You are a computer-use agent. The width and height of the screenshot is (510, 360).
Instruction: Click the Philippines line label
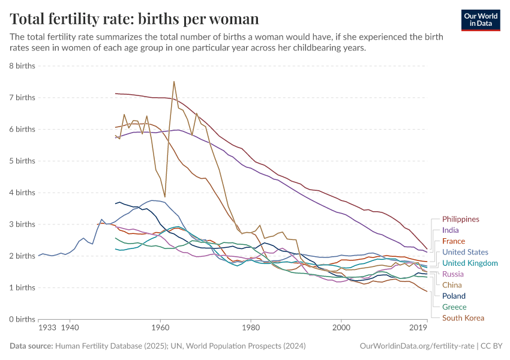460,219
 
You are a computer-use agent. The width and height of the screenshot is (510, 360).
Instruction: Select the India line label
451,230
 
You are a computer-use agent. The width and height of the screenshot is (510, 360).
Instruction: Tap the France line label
453,241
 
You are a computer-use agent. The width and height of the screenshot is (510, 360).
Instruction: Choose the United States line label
465,252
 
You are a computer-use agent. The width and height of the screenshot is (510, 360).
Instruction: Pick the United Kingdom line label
470,263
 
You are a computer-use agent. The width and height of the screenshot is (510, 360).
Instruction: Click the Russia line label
452,274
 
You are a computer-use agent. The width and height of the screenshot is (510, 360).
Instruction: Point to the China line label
452,285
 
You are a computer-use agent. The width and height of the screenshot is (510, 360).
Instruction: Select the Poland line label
454,296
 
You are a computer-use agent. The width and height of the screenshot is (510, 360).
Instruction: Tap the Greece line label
454,307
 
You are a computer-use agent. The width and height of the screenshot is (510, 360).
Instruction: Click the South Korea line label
463,318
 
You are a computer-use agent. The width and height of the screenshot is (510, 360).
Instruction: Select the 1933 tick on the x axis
47,328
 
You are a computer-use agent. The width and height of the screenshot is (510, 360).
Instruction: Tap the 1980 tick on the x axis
251,328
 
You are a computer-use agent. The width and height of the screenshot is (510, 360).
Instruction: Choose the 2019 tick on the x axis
418,328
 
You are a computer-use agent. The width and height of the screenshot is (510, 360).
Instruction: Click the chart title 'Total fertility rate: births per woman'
134,19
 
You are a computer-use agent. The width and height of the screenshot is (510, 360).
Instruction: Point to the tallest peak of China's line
174,82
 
